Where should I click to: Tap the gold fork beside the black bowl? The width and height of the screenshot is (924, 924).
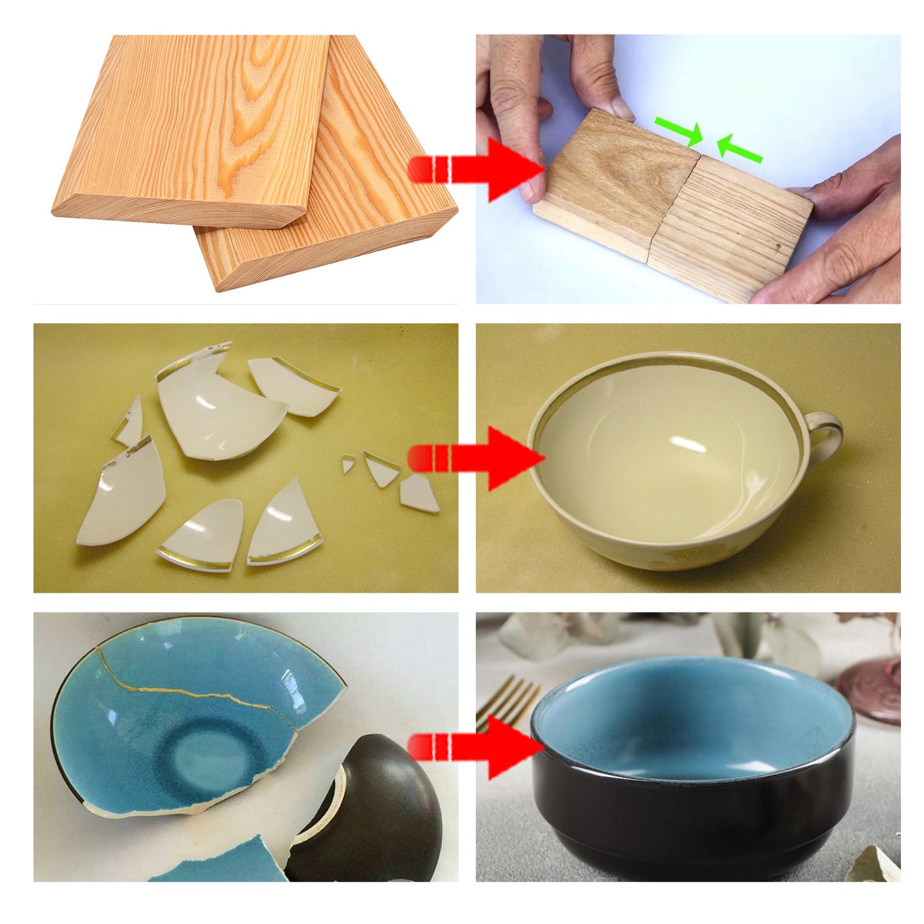tap(508, 697)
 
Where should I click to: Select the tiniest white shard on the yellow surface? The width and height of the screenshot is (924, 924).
tap(347, 464)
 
